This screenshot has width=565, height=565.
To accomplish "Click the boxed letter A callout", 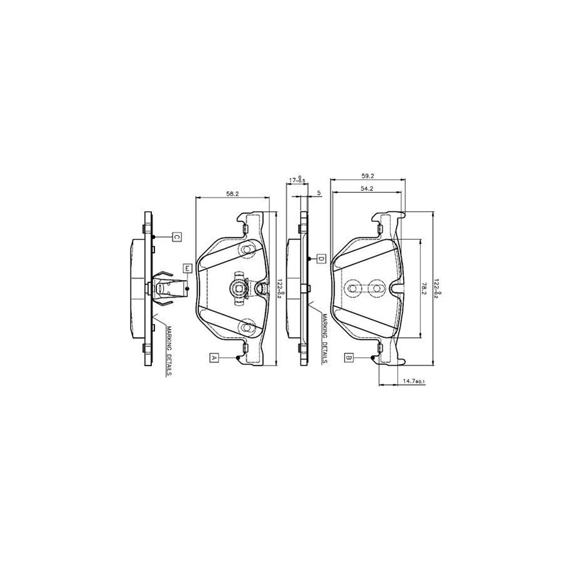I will [x=214, y=357].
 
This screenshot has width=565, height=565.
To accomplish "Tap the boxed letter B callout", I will [x=349, y=357].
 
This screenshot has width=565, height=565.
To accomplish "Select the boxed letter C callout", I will [x=177, y=237].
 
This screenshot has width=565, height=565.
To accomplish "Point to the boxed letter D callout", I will [x=320, y=259].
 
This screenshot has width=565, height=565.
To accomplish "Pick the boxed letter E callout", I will [x=186, y=268].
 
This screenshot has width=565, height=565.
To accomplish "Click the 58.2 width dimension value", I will [x=232, y=194].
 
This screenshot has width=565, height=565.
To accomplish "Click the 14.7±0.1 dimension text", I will [x=414, y=381].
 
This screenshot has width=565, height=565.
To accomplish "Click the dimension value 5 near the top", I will [x=319, y=194].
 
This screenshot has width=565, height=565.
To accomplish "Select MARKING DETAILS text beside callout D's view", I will [x=324, y=339].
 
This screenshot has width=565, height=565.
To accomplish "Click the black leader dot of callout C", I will [x=153, y=237].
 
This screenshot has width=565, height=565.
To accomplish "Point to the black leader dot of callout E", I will [x=186, y=288].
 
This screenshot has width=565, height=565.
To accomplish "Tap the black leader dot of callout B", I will [x=373, y=357].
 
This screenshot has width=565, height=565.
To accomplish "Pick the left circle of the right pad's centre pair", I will [x=352, y=288].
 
